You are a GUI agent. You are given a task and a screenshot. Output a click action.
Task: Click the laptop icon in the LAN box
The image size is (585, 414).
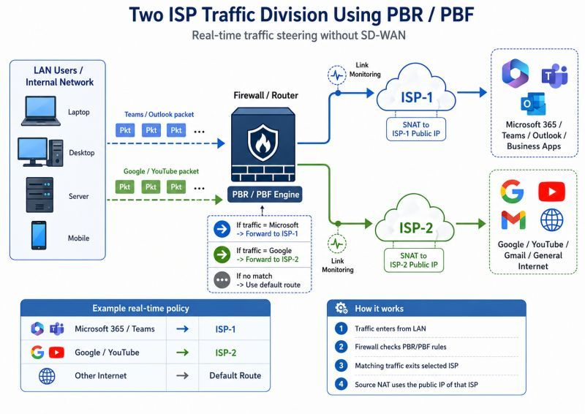click(x=41, y=111)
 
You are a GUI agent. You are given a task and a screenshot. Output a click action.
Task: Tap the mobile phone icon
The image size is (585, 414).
click(x=39, y=236)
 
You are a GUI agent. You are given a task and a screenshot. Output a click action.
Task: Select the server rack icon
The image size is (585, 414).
click(x=39, y=195)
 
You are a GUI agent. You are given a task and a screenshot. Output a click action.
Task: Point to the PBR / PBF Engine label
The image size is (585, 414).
click(x=265, y=195)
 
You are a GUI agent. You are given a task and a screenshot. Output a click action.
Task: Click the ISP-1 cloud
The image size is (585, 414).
click(x=416, y=89)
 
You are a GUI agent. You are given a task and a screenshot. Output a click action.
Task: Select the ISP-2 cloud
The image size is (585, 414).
click(x=415, y=219)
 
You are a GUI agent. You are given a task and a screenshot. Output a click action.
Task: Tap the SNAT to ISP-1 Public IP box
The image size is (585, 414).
click(x=416, y=129)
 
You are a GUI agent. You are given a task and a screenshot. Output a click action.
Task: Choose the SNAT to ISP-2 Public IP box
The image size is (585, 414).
click(x=414, y=260)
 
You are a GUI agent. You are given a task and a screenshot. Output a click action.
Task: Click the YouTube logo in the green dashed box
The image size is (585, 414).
click(x=551, y=192)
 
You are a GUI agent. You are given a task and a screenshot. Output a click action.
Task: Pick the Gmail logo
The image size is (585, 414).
click(x=513, y=220)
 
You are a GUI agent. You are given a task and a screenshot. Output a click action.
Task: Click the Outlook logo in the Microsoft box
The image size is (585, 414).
click(x=533, y=104)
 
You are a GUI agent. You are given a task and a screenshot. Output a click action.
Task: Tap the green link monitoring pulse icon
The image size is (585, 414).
click(x=337, y=244)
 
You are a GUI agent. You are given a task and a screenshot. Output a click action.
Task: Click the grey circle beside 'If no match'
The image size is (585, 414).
click(x=222, y=280)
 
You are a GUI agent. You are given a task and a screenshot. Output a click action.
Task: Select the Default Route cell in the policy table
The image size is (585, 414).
click(x=235, y=375)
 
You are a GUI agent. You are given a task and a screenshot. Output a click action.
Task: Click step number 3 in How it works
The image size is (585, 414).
click(x=341, y=365)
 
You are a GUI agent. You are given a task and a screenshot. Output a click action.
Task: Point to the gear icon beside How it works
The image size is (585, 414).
click(x=341, y=308)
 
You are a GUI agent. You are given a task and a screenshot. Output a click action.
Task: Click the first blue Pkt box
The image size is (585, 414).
click(x=125, y=130)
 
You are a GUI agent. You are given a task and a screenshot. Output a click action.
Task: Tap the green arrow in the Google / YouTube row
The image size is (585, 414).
click(x=182, y=352)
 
